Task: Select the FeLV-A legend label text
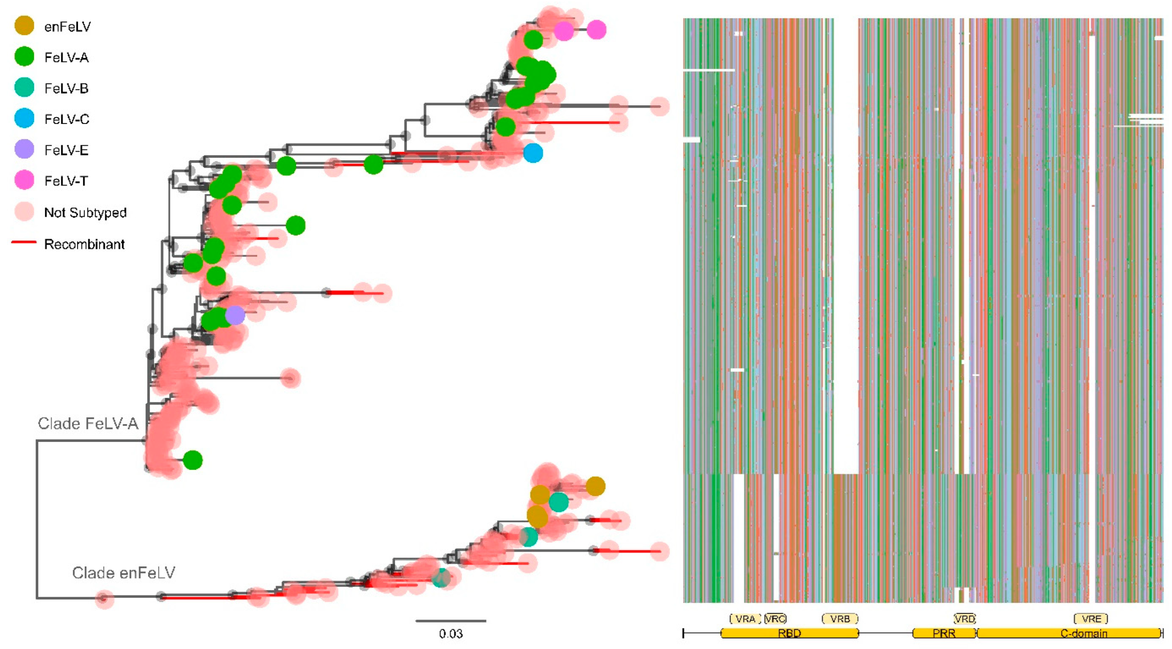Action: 66,57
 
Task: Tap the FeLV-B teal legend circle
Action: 24,87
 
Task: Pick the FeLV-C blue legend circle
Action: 24,118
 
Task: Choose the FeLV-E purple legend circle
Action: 24,149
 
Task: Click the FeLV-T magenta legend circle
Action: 24,180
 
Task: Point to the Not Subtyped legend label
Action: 85,213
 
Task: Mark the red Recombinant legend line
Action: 24,242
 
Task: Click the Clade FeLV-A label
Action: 88,424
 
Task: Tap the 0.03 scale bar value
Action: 450,634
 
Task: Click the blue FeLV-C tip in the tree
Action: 533,153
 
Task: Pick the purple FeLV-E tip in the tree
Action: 235,315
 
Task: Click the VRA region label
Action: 745,619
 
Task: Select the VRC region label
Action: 775,619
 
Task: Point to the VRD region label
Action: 964,619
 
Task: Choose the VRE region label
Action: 1091,619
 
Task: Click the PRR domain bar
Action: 944,633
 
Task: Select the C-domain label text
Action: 1084,634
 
